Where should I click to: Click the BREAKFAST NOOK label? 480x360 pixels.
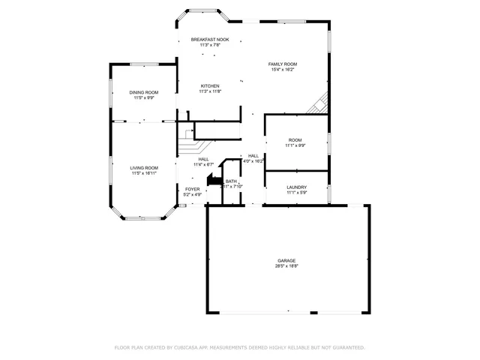(210, 39)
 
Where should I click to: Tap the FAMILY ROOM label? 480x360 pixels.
(283, 64)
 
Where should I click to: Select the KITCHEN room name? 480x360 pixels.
(210, 85)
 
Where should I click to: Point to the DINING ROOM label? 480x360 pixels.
(144, 92)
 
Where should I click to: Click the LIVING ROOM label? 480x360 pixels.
(144, 167)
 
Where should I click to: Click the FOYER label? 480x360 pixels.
(193, 189)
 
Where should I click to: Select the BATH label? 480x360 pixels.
(231, 181)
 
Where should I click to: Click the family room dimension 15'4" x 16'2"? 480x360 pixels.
(283, 70)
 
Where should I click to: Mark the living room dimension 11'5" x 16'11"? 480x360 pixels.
(144, 173)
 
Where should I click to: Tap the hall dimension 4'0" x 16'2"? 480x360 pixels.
(253, 160)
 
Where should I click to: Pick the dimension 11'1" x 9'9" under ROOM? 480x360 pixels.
(295, 145)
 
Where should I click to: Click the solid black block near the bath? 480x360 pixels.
(213, 181)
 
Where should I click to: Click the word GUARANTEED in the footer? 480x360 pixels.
(345, 347)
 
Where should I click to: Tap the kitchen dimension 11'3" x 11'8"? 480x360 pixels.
(210, 91)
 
